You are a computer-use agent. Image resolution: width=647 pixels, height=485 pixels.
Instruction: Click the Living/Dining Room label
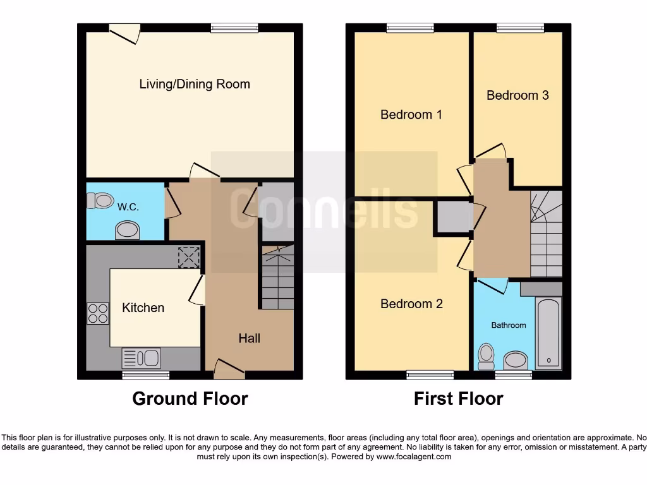[195, 84]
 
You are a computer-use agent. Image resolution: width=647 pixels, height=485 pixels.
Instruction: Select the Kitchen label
[143, 308]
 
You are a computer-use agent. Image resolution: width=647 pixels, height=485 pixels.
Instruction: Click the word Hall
[249, 338]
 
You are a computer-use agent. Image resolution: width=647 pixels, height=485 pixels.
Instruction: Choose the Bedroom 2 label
[411, 304]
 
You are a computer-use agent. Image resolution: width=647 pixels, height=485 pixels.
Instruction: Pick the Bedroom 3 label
[517, 95]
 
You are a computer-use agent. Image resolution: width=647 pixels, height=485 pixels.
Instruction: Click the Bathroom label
[509, 325]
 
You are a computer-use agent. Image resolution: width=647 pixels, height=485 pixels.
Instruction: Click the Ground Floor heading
[190, 398]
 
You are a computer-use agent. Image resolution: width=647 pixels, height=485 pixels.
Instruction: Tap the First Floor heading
[458, 398]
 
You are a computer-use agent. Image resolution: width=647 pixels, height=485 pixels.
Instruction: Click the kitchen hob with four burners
[97, 313]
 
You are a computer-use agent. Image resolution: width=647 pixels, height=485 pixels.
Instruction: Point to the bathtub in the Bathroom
[548, 333]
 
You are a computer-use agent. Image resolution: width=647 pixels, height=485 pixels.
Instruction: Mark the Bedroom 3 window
[520, 28]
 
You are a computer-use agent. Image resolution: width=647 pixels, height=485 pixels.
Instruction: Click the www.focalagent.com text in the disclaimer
[414, 457]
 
